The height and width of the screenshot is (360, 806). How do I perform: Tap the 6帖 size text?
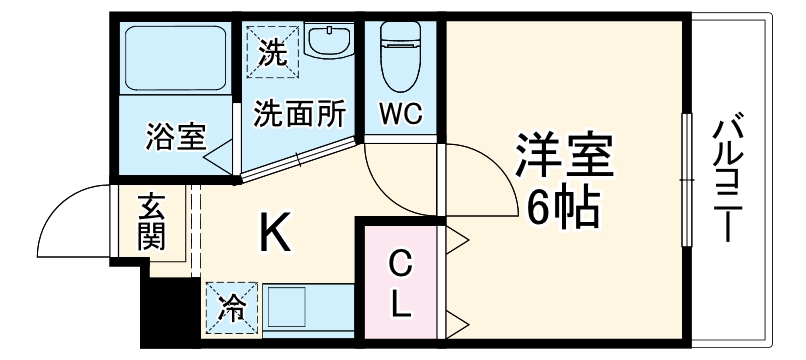click(x=562, y=206)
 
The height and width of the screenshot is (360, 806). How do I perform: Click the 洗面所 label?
click(x=299, y=113)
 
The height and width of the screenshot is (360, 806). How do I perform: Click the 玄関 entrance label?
click(x=153, y=222)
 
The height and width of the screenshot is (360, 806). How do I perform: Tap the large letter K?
click(x=277, y=233)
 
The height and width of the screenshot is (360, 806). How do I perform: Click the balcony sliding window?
click(x=686, y=180)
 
